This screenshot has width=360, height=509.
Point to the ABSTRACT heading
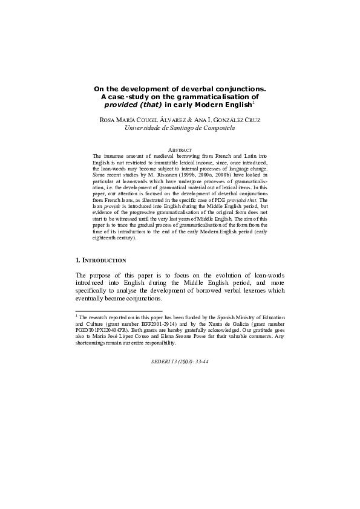click(180, 149)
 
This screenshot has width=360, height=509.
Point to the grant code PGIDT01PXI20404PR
click(100, 329)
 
